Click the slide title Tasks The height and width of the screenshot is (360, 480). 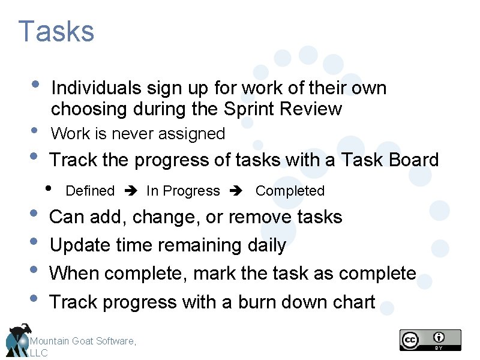click(x=56, y=32)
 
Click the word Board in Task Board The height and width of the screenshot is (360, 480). click(x=413, y=160)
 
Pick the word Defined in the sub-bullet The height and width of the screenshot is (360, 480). click(x=90, y=191)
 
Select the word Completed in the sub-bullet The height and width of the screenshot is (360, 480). click(x=290, y=191)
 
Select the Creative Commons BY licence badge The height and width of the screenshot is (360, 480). click(x=430, y=340)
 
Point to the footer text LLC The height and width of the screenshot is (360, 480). click(x=38, y=353)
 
